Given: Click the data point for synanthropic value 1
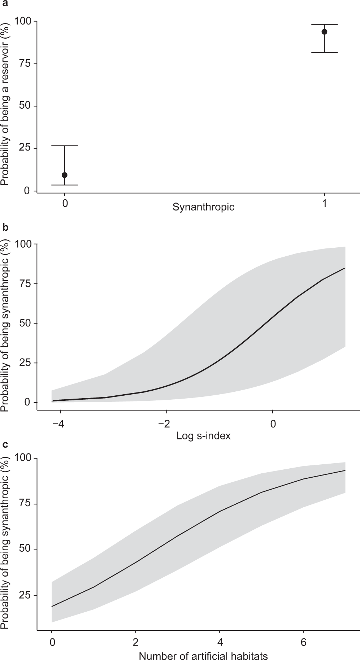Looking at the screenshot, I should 324,32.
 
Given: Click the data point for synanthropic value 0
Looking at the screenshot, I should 65,175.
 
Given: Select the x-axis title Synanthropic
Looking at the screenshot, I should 203,207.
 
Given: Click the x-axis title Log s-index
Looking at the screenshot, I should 203,436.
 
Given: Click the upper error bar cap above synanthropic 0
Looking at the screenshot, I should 65,146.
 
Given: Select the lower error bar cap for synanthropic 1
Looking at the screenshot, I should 324,52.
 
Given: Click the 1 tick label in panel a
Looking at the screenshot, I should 324,204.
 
